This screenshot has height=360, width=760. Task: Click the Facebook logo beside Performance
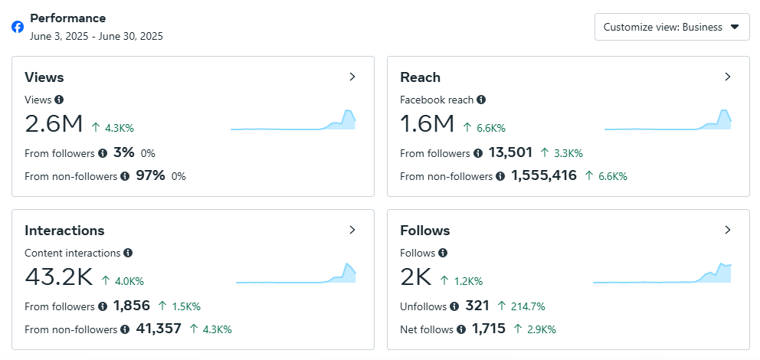18,27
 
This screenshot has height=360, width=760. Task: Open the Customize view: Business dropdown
671,27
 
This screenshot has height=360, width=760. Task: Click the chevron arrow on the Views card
352,77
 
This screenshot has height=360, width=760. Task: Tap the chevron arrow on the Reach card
728,77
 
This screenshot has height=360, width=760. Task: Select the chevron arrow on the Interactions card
352,230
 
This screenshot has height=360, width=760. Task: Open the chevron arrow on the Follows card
728,230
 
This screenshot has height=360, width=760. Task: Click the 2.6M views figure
54,124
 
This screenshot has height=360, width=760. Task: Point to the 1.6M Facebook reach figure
427,124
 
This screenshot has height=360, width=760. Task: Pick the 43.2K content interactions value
59,277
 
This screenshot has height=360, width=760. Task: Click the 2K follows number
416,277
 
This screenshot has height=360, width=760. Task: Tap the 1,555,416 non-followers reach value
544,175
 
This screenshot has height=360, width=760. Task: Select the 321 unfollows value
477,306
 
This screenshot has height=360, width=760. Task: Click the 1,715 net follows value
488,329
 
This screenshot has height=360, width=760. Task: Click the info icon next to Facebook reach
481,100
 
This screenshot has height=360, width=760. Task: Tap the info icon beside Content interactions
128,253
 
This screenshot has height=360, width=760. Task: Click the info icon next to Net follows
461,329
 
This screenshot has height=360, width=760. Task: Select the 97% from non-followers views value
150,175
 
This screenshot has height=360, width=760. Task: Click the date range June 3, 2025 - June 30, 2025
97,36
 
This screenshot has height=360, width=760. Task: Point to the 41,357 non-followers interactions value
159,329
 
